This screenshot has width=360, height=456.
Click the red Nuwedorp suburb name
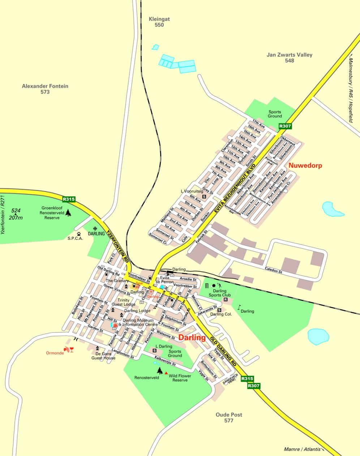(305, 166)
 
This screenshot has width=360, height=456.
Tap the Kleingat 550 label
(159, 22)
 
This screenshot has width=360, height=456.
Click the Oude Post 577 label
(228, 418)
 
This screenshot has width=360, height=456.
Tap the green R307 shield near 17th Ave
(285, 126)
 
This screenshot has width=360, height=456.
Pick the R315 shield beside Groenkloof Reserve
(69, 199)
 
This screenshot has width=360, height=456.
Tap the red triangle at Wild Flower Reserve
(166, 373)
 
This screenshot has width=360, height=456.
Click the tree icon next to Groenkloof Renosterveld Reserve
(68, 212)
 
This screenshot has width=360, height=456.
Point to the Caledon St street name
(273, 270)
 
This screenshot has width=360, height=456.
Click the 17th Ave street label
(259, 124)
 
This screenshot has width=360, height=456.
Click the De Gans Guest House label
(103, 356)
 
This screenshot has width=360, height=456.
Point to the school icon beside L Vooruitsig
(204, 197)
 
